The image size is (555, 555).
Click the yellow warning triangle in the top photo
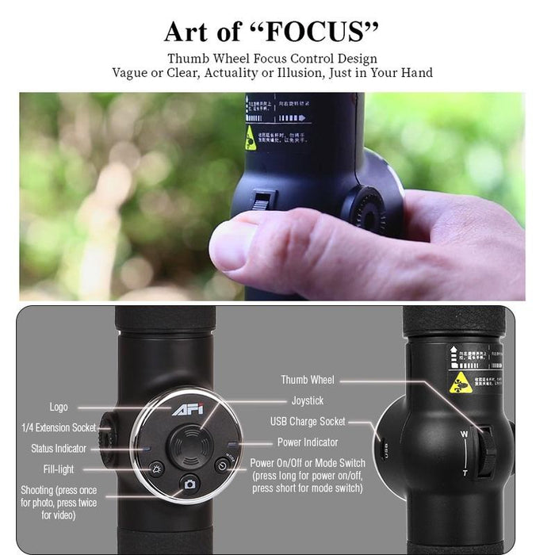click(251, 137)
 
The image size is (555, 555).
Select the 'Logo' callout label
click(59, 407)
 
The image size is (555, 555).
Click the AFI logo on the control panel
click(185, 410)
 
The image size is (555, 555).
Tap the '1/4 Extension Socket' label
click(59, 428)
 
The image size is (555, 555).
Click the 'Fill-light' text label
click(59, 469)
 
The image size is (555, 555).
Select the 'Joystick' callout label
click(308, 401)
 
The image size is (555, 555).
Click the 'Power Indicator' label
click(308, 442)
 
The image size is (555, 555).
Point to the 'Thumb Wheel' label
click(308, 381)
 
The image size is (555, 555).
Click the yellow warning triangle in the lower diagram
click(459, 383)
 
